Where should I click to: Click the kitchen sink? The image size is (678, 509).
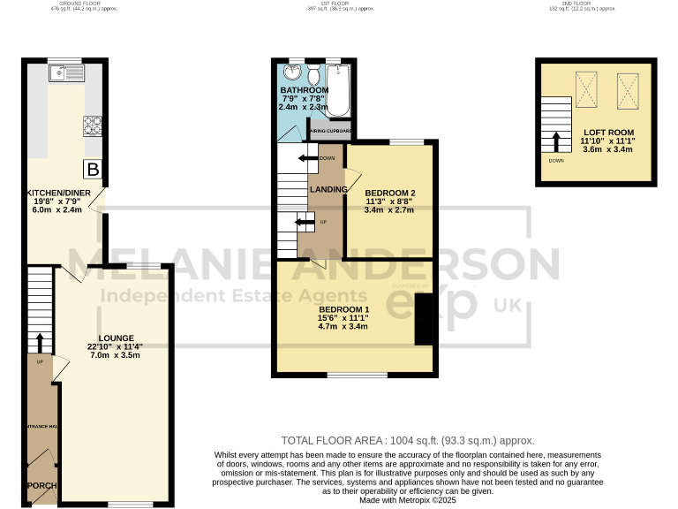(67, 72)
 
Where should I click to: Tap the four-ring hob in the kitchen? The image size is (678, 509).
(93, 125)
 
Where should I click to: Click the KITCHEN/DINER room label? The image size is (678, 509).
(55, 193)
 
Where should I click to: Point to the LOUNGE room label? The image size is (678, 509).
(116, 338)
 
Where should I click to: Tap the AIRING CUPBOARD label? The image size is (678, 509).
(332, 132)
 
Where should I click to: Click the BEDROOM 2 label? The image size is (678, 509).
(389, 194)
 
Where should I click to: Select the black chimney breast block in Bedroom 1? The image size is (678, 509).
(425, 320)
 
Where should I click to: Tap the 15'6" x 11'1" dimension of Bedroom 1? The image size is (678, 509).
(343, 318)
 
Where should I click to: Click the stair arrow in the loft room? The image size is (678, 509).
(556, 142)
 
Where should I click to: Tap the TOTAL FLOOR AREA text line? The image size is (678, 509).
(407, 440)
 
